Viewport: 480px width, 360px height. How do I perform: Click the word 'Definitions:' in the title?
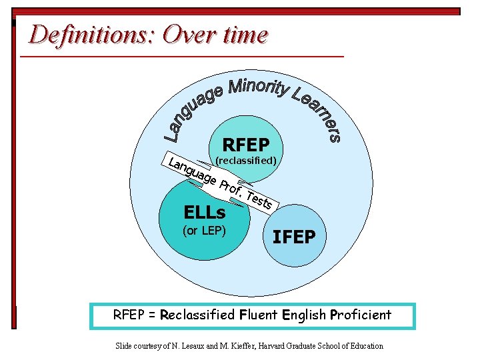[92, 34]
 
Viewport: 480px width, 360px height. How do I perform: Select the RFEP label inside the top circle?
[245, 145]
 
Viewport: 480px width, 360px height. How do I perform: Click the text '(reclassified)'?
[246, 161]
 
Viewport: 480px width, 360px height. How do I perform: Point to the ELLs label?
[205, 213]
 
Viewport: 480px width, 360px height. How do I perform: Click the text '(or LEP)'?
[205, 231]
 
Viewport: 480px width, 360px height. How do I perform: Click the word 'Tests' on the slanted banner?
[258, 199]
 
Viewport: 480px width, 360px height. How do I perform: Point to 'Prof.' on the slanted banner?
[229, 187]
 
